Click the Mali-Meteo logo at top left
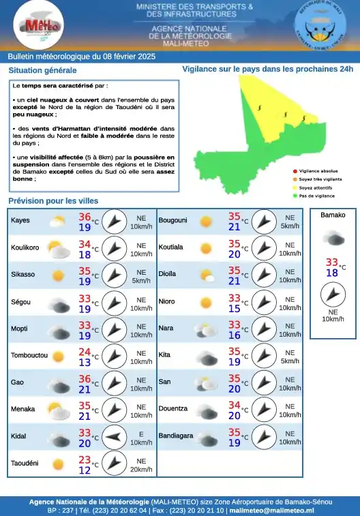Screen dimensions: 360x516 click(38, 25)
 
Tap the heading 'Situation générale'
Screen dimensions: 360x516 click(42, 70)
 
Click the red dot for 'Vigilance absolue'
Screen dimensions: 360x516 click(295, 171)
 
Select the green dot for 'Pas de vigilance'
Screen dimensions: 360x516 click(295, 196)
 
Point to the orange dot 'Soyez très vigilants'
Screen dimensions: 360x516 click(295, 179)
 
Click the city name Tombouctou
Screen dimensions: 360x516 click(29, 356)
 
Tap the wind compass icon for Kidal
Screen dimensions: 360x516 click(115, 438)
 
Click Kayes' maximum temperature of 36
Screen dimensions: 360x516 click(85, 217)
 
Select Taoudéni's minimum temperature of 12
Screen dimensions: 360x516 click(85, 470)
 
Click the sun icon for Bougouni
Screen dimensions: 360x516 click(205, 222)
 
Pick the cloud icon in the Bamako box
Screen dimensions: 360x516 click(333, 237)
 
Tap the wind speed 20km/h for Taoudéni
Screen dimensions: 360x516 click(141, 470)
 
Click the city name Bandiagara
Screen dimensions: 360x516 click(176, 436)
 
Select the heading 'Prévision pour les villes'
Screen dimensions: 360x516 click(53, 201)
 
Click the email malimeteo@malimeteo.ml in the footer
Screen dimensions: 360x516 click(271, 510)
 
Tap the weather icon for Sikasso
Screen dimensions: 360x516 click(58, 276)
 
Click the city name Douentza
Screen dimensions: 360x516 click(172, 409)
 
